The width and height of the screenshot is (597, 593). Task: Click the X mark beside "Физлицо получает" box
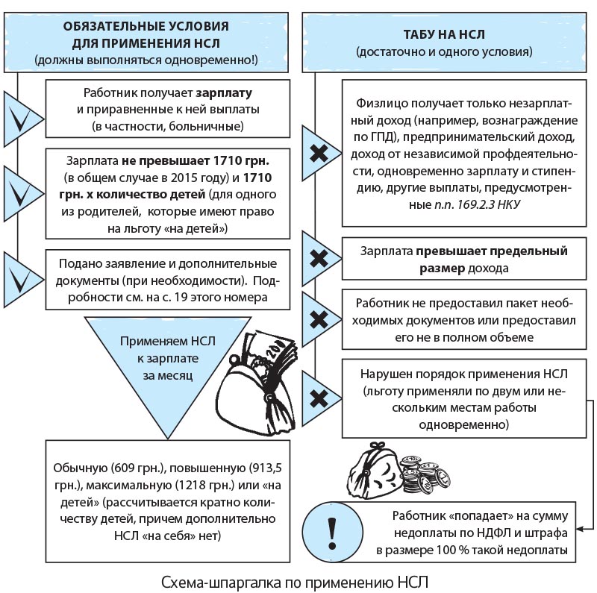tap(319, 154)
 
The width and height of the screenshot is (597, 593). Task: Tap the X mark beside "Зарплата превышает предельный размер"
tap(319, 260)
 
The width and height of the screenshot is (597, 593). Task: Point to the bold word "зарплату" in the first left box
tap(224, 94)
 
